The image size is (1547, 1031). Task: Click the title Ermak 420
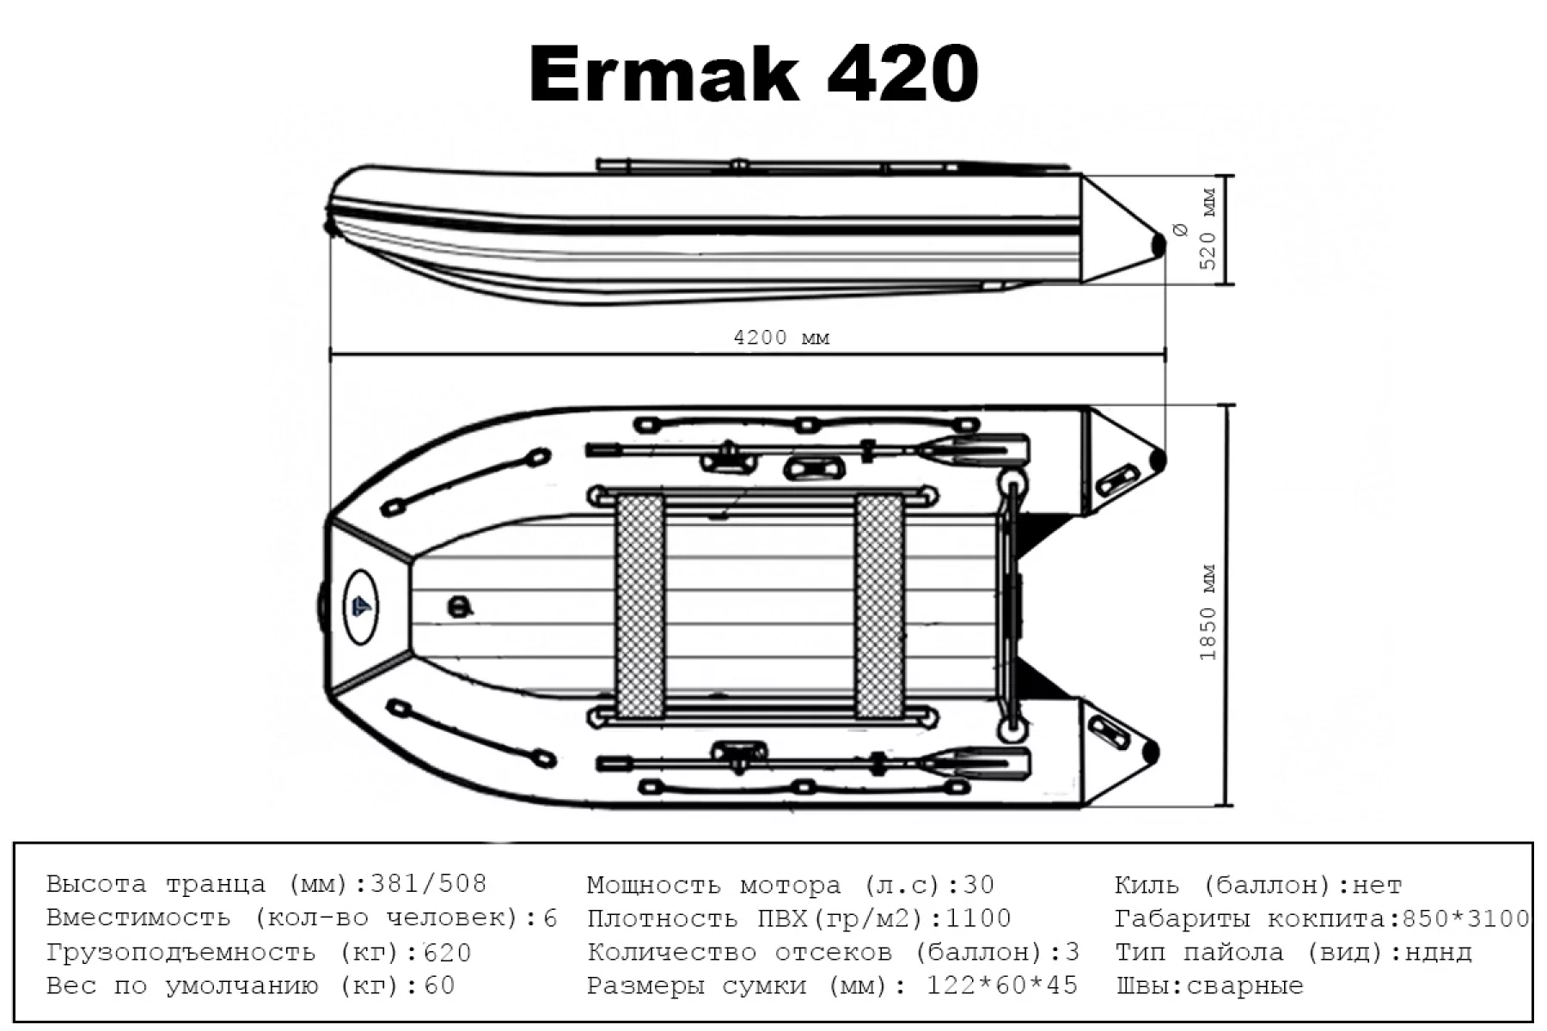pyautogui.click(x=754, y=75)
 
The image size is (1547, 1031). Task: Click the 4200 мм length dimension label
pyautogui.click(x=781, y=338)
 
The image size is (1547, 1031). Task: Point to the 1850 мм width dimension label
pyautogui.click(x=1208, y=612)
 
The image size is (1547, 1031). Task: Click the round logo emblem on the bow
pyautogui.click(x=362, y=607)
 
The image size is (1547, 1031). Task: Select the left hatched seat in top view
pyautogui.click(x=641, y=607)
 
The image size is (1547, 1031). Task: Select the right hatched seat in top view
pyautogui.click(x=878, y=607)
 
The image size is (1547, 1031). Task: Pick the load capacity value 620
pyautogui.click(x=448, y=952)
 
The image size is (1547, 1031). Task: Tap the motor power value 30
pyautogui.click(x=979, y=884)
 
